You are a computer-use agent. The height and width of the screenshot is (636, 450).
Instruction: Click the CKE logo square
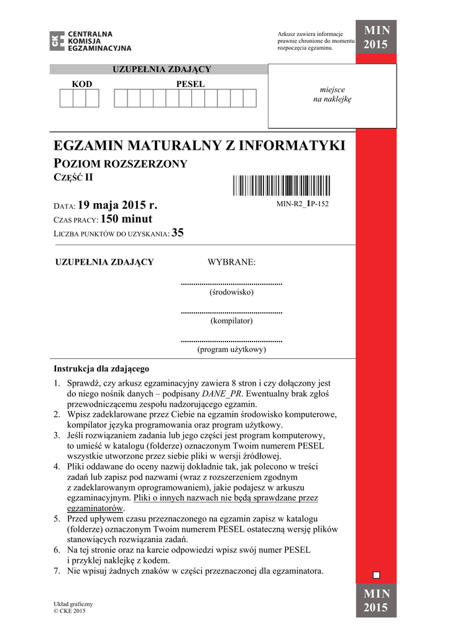point(58,41)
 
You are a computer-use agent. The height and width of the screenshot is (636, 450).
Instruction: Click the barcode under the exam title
point(282,186)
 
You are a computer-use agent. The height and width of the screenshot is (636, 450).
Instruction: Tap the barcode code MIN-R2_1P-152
point(302,204)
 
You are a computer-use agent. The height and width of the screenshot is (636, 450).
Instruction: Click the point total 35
point(178,234)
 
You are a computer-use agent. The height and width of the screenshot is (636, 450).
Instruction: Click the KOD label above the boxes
point(81,84)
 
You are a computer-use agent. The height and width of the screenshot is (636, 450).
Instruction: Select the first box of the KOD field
point(67,98)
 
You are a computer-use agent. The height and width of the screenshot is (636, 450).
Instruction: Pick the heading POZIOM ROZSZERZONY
point(121,164)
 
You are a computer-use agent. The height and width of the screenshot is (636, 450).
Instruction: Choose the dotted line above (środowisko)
point(231,284)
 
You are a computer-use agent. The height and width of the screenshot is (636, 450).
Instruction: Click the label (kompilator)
point(231,320)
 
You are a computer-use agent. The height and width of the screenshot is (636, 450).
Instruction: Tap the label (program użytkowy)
point(231,349)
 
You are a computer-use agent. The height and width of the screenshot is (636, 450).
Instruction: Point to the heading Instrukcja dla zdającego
point(101,368)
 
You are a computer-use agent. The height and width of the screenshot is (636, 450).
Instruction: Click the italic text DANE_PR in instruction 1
point(224,394)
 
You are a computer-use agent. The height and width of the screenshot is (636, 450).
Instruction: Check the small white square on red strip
point(376,575)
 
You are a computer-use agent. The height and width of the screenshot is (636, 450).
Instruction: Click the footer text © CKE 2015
point(70,611)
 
